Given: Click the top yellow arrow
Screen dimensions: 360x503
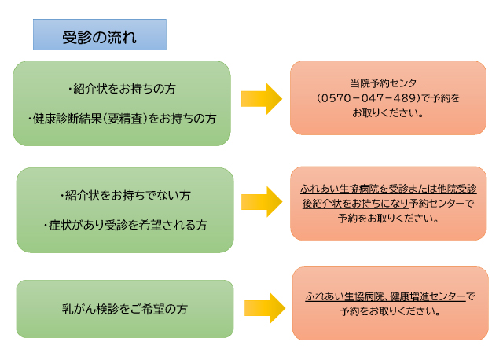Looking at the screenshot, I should [x=261, y=98].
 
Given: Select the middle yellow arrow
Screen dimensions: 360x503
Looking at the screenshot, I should [x=261, y=202].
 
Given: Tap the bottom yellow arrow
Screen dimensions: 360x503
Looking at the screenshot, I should [x=264, y=308].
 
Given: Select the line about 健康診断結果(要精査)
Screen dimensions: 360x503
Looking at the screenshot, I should [x=121, y=119].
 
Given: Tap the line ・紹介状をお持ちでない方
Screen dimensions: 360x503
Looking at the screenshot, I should [x=125, y=194].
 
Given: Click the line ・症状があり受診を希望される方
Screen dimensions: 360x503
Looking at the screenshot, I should [x=125, y=225].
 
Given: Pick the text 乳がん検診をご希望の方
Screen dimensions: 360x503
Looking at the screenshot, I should [x=125, y=307].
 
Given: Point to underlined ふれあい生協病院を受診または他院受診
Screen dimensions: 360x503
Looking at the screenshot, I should [x=388, y=189].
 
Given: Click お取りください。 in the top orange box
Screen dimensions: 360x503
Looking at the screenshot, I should [x=388, y=113].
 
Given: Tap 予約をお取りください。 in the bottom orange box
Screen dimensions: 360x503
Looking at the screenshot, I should [x=390, y=311].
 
